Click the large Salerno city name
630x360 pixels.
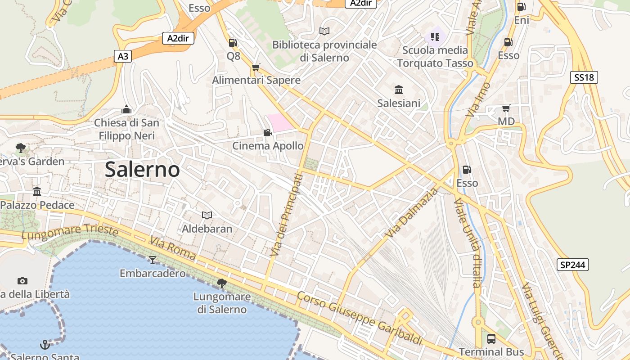(142, 170)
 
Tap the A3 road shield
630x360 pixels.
(123, 56)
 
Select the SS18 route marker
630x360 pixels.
(584, 77)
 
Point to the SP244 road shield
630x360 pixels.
(573, 265)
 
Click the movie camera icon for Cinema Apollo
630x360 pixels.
(267, 132)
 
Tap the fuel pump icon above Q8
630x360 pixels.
(233, 43)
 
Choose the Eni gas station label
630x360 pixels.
(522, 20)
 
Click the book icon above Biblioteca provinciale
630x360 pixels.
(324, 31)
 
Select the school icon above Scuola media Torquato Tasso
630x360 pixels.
(435, 36)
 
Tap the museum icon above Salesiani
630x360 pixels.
(398, 90)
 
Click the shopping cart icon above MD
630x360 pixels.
(506, 108)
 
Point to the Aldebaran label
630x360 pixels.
(207, 229)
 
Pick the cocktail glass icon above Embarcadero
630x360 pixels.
(153, 260)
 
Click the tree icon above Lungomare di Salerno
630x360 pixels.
(221, 283)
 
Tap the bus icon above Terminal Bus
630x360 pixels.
(491, 338)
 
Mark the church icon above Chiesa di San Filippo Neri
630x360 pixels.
(126, 109)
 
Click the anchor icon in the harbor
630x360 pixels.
(45, 345)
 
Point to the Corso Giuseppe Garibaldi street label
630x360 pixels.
(360, 319)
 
